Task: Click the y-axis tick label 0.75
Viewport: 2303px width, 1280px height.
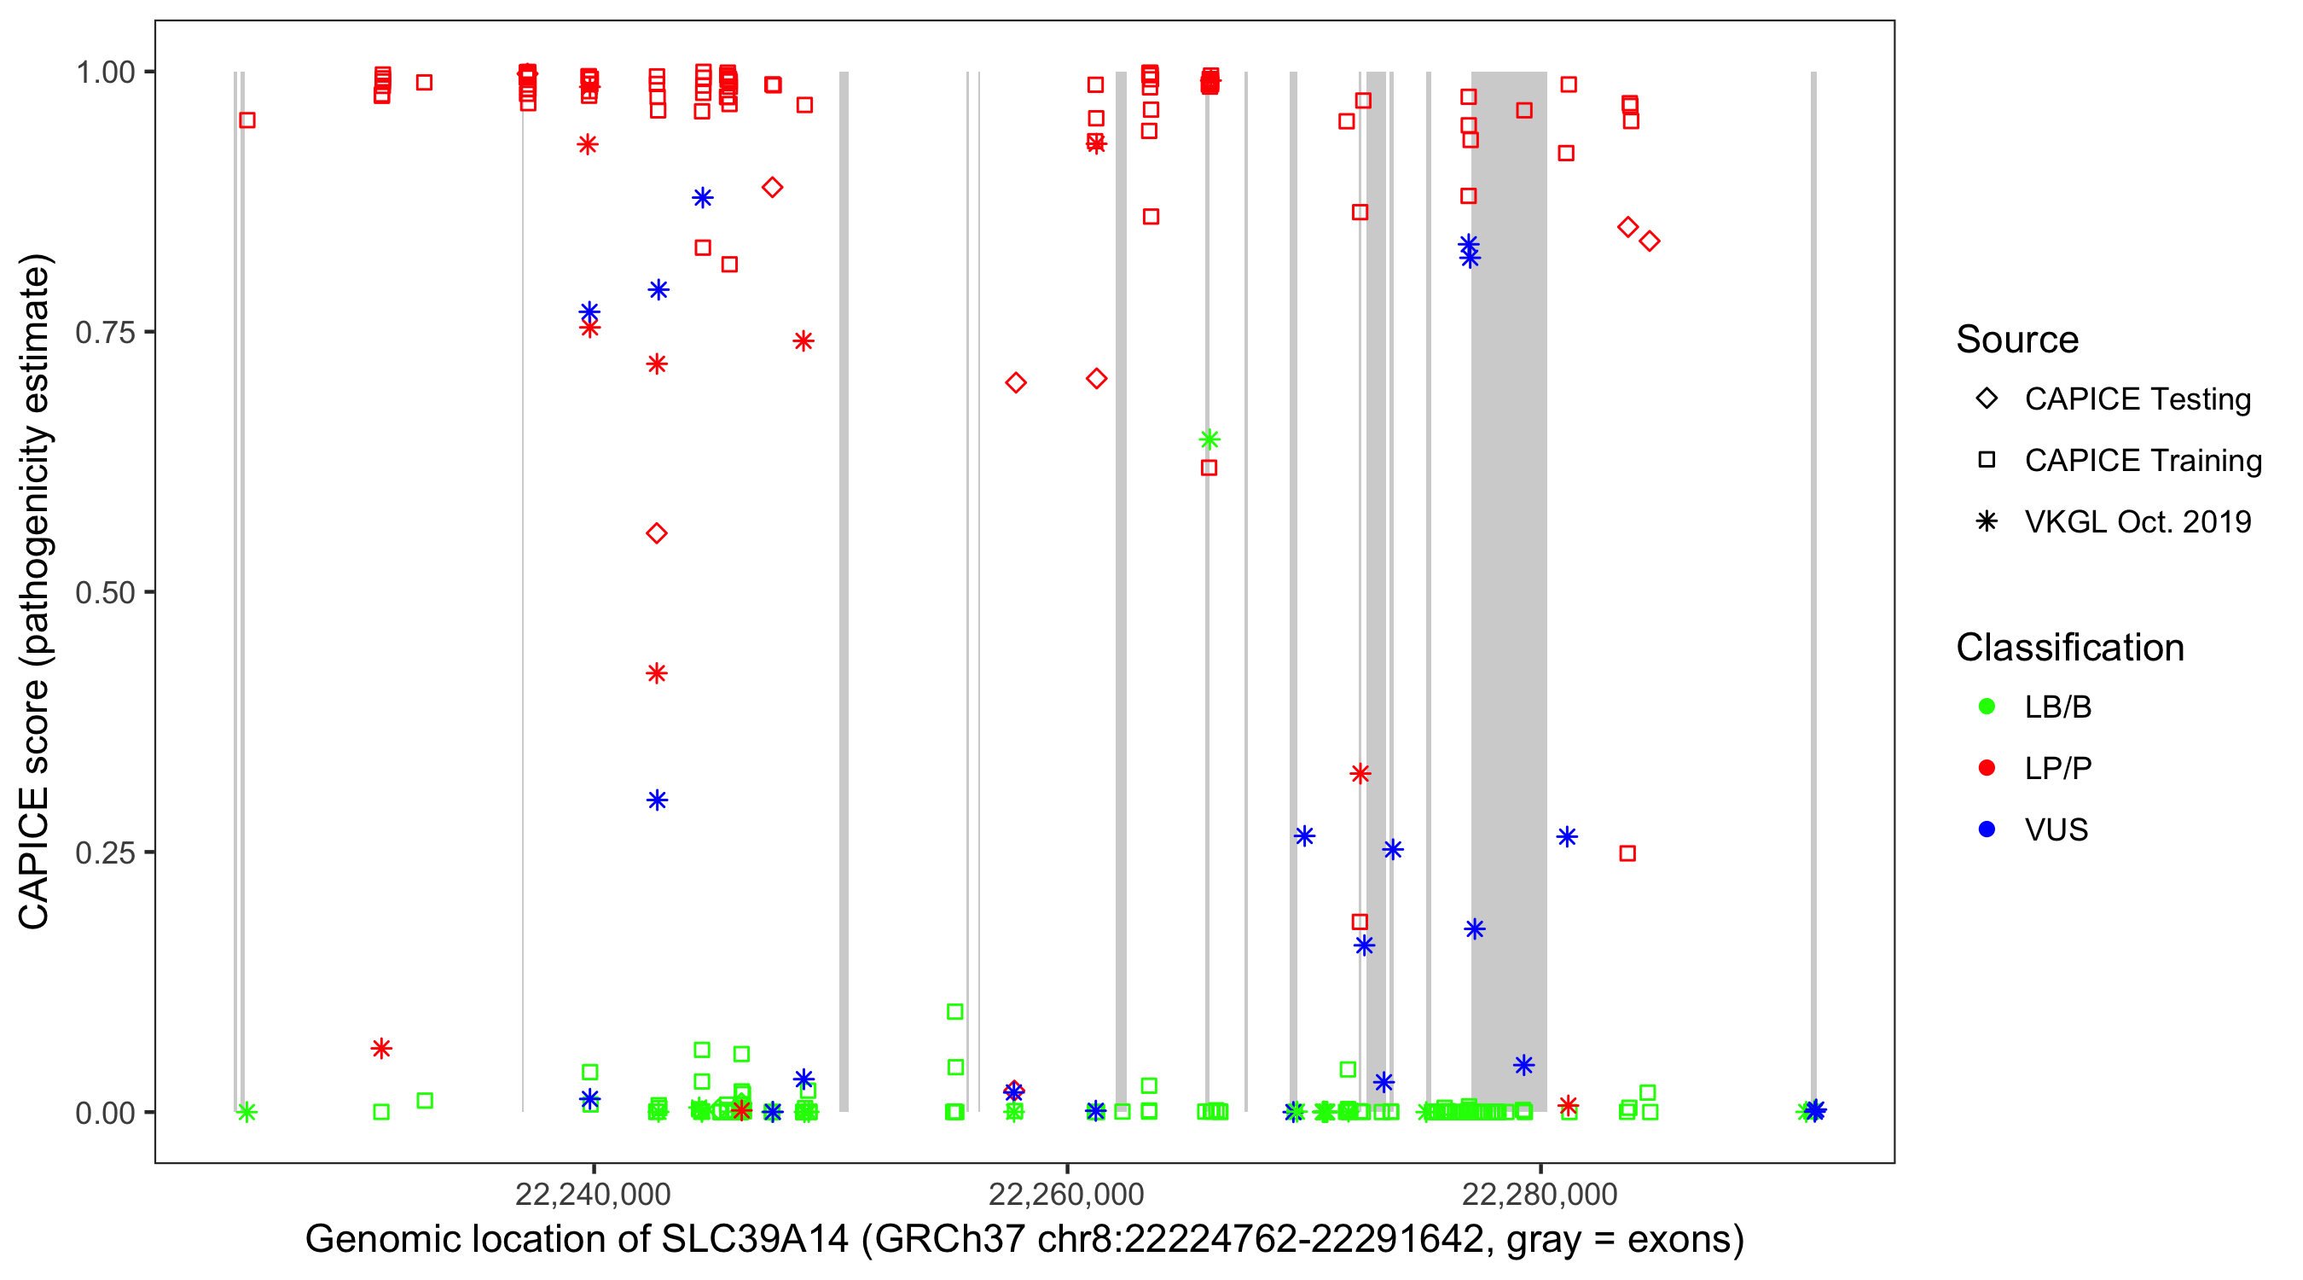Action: (105, 333)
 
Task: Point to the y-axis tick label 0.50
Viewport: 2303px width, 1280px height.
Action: (105, 593)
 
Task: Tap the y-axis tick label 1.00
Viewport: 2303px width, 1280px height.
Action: (105, 73)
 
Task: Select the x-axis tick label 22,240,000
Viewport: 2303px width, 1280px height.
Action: (593, 1194)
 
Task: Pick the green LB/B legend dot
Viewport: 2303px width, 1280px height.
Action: (1987, 707)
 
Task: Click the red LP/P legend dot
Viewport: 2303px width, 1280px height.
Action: (1987, 768)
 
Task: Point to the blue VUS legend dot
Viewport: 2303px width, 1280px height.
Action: (1987, 830)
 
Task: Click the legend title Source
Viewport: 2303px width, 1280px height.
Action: (2017, 340)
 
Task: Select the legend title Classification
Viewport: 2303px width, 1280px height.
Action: (2069, 648)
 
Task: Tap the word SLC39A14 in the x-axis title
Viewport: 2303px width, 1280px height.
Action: (755, 1240)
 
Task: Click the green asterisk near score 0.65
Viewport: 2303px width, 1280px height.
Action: (1209, 439)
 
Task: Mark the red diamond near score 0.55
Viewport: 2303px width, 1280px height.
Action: (656, 534)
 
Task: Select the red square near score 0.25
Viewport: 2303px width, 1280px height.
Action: (1627, 853)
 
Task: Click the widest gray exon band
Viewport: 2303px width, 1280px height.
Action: (1508, 591)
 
